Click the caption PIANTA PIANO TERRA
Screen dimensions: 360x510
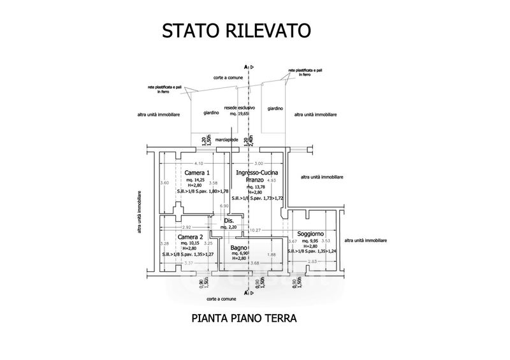click(245, 318)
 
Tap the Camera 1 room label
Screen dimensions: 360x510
click(197, 173)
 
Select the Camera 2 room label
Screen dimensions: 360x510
click(191, 236)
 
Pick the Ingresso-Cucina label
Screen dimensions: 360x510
click(256, 173)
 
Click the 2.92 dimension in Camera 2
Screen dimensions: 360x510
click(186, 227)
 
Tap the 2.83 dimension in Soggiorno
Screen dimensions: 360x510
click(312, 262)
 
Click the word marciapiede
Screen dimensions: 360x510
click(227, 138)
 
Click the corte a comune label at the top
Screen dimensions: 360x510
click(227, 77)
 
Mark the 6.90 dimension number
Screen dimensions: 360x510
click(224, 206)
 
